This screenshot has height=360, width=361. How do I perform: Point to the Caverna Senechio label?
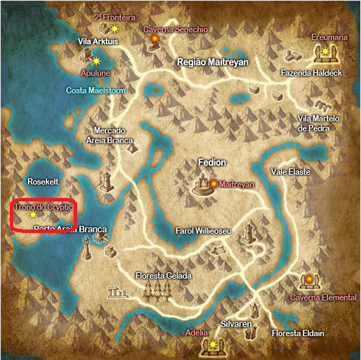176,30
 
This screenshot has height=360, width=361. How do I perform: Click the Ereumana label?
329,36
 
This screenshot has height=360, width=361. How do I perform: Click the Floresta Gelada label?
163,276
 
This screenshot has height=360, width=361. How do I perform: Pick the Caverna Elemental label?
324,298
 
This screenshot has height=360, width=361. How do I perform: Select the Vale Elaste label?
290,171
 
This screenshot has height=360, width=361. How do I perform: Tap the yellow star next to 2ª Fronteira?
115,29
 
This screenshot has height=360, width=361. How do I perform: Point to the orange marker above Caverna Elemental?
308,281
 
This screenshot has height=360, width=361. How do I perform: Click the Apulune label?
96,72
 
